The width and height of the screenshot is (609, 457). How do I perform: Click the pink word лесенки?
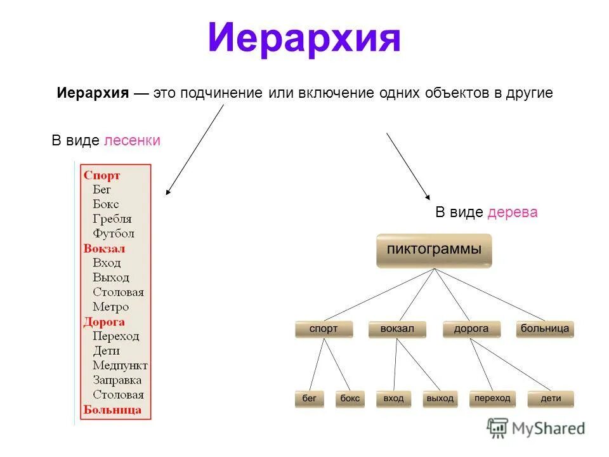[132, 141]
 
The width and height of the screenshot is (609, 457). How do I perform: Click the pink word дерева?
[513, 213]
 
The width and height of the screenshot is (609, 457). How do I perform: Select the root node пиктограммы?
[434, 249]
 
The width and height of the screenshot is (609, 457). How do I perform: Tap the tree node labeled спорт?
[324, 329]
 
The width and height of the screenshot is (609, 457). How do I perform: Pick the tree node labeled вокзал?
[397, 329]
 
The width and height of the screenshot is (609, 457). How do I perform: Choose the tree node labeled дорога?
[471, 329]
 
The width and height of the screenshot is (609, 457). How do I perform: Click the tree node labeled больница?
[545, 329]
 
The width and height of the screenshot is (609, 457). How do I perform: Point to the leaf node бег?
[309, 399]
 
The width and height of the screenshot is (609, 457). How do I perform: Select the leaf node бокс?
[350, 399]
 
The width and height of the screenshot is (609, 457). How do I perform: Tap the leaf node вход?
[393, 399]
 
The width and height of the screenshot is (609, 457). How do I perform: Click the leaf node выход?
[440, 399]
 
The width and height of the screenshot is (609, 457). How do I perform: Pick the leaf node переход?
[492, 398]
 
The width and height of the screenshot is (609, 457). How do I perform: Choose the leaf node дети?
[551, 399]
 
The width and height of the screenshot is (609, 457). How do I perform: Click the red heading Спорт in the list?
[101, 175]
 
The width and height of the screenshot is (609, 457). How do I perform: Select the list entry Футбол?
[114, 234]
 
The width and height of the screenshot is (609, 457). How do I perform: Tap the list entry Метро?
[110, 307]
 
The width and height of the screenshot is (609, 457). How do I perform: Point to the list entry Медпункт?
[120, 366]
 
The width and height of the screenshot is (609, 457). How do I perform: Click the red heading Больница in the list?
[112, 409]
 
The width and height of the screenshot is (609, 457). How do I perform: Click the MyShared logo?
[536, 428]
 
